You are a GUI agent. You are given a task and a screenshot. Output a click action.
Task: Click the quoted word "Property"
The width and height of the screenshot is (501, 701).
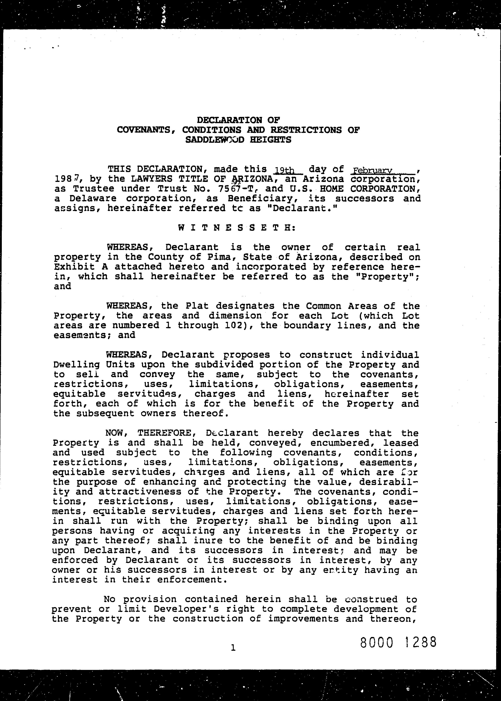pyautogui.click(x=393, y=277)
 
